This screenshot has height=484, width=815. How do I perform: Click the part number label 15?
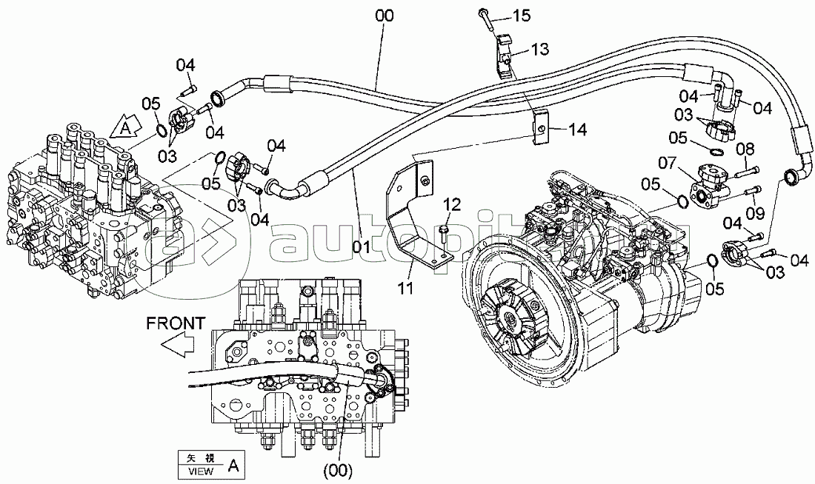(x=523, y=15)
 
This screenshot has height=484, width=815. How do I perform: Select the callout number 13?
(x=539, y=50)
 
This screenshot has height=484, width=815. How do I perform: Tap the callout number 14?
(x=576, y=129)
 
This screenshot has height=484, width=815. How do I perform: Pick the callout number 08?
(x=745, y=150)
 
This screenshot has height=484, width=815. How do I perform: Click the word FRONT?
(x=175, y=323)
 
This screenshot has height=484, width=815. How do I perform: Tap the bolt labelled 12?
(x=442, y=232)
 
